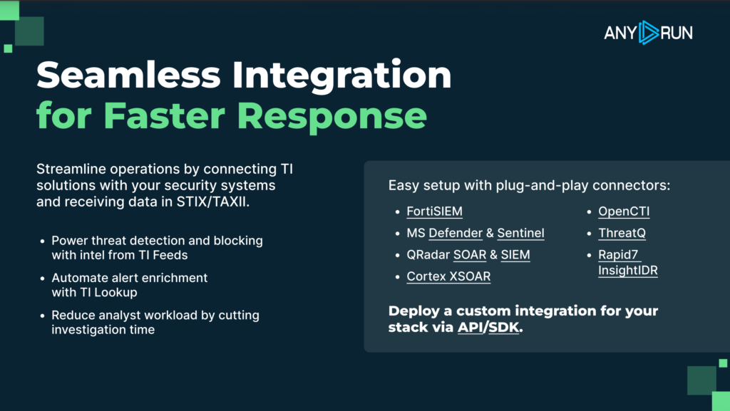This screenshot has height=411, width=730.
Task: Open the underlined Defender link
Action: click(x=456, y=233)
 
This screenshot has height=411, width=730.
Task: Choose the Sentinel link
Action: click(x=520, y=233)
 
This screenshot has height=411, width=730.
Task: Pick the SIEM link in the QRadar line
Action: click(x=515, y=254)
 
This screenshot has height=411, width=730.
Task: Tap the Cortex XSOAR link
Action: click(x=448, y=276)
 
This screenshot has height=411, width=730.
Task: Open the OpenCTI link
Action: click(x=624, y=212)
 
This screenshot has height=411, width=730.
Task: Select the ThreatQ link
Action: click(x=622, y=233)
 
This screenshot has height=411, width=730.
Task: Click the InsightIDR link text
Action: click(x=627, y=271)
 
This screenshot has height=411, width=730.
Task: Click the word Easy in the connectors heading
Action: click(x=403, y=186)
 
